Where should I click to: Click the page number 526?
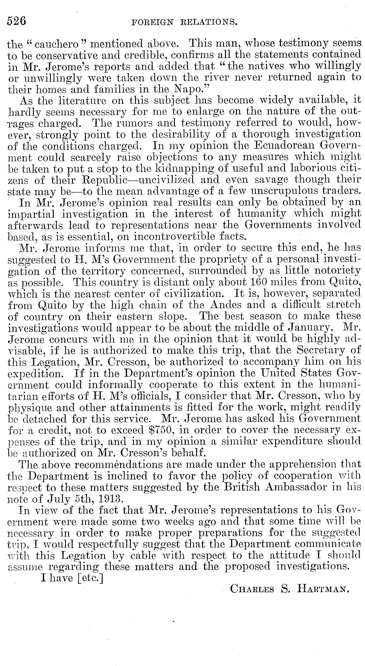[17, 21]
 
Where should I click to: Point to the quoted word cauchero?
[56, 44]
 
